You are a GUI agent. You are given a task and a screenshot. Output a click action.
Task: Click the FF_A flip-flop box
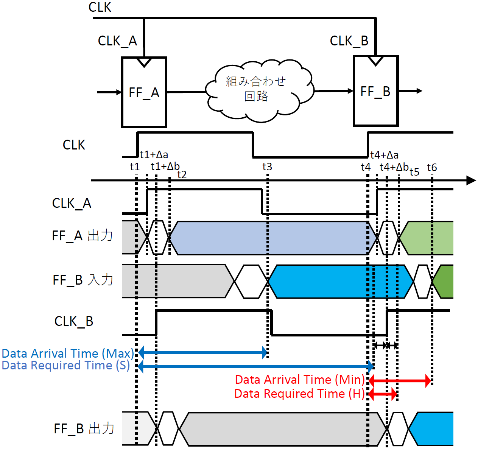click(x=144, y=92)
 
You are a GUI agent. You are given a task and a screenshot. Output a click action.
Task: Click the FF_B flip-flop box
click(x=375, y=91)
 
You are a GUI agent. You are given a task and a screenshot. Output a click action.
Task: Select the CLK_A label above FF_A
click(x=117, y=41)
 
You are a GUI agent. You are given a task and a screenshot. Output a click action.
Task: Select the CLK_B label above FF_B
click(x=349, y=41)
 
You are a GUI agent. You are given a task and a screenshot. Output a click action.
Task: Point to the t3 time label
click(x=267, y=167)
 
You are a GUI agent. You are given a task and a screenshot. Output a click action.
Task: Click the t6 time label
click(x=432, y=167)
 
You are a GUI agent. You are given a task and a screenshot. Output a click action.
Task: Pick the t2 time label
click(x=182, y=174)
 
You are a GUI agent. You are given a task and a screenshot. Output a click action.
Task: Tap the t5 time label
click(x=414, y=172)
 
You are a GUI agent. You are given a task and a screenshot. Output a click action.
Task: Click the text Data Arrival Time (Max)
click(x=68, y=353)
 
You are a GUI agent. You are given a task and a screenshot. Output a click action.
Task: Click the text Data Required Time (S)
click(x=66, y=365)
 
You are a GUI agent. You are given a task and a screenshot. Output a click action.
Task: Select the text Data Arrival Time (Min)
click(x=300, y=380)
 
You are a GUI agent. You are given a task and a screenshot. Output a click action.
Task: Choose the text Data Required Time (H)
click(x=299, y=394)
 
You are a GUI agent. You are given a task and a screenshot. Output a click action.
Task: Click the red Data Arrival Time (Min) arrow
click(x=400, y=380)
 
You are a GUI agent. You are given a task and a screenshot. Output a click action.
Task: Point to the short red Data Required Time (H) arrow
click(x=383, y=394)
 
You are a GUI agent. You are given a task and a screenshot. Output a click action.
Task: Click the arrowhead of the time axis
click(x=471, y=181)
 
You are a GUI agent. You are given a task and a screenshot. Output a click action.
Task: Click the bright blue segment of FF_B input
click(x=341, y=282)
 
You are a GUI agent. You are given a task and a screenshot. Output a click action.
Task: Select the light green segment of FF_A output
click(x=428, y=238)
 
